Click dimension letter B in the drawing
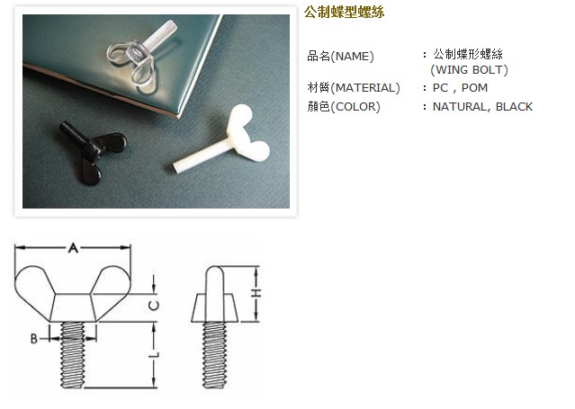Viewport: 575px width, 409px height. point(33,338)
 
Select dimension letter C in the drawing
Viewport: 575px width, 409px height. point(154,305)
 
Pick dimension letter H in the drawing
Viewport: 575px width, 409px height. point(256,294)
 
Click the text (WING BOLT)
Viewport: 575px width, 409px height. point(469,69)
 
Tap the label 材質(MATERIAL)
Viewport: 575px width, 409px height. point(353,87)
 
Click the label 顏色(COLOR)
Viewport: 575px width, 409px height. point(344,106)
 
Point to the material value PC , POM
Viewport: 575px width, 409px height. point(460,87)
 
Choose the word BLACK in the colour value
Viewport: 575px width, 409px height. point(514,106)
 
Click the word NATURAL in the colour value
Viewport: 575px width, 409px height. point(461,106)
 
